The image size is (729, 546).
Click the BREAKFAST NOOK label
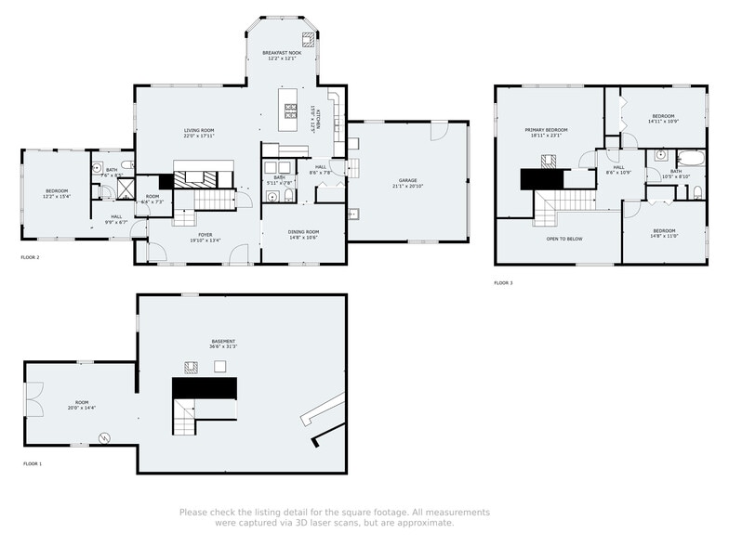(x=281, y=53)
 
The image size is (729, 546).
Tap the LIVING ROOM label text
(x=199, y=130)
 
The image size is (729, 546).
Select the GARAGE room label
(x=407, y=180)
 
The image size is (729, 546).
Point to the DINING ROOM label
(x=304, y=232)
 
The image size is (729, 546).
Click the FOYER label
(x=205, y=235)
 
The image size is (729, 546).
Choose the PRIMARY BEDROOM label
(x=546, y=130)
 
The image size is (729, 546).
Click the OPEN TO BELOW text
(x=563, y=238)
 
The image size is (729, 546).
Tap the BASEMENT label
(x=223, y=341)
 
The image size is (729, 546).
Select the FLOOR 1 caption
(x=33, y=462)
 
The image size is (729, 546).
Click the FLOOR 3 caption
(x=503, y=282)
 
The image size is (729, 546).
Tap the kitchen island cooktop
(x=291, y=110)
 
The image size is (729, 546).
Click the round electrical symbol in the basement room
(x=104, y=437)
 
